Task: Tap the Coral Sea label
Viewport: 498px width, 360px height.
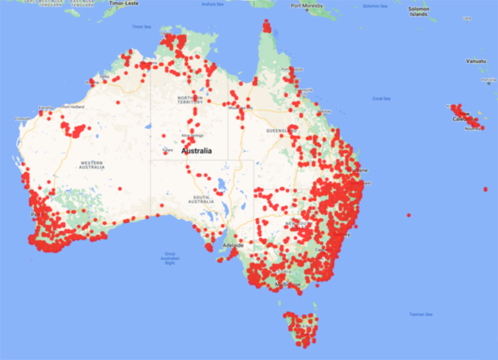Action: click(x=381, y=98)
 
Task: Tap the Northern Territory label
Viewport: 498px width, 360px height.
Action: click(x=190, y=100)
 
